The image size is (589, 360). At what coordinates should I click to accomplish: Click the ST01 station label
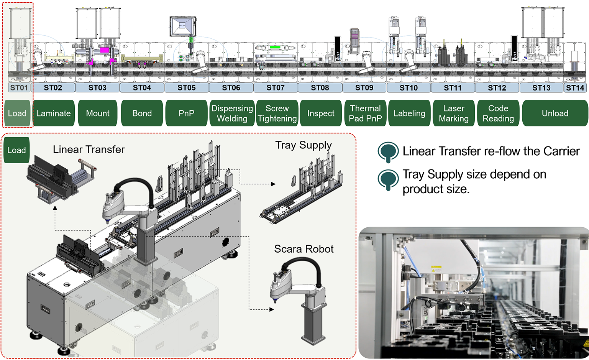[x=19, y=88]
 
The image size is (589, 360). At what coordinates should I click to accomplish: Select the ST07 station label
[x=276, y=88]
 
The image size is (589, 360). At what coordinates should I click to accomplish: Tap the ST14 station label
[x=575, y=88]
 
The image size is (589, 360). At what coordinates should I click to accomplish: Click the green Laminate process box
[x=53, y=113]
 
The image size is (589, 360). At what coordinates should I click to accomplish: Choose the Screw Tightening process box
[x=277, y=113]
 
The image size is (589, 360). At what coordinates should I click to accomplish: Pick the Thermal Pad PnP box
[x=365, y=113]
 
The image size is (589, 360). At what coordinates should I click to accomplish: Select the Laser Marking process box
[x=454, y=113]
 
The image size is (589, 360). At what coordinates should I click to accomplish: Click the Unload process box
[x=555, y=113]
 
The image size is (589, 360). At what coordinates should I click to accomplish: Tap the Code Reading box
[x=498, y=113]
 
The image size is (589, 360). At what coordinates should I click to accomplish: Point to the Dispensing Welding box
[x=232, y=113]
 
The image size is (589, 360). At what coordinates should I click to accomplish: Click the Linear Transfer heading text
[x=89, y=150]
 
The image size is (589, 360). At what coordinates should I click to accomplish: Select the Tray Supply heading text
[x=304, y=145]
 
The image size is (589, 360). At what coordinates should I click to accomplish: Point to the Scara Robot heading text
[x=304, y=249]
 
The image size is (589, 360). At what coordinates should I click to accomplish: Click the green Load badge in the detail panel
[x=16, y=150]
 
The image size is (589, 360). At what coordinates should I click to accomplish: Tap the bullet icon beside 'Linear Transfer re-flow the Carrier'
[x=388, y=151]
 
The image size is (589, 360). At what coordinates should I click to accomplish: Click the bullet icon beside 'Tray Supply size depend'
[x=388, y=179]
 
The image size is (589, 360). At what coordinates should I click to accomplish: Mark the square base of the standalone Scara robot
[x=313, y=339]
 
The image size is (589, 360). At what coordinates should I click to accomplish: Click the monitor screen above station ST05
[x=182, y=26]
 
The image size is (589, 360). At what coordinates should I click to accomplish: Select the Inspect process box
[x=321, y=113]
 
